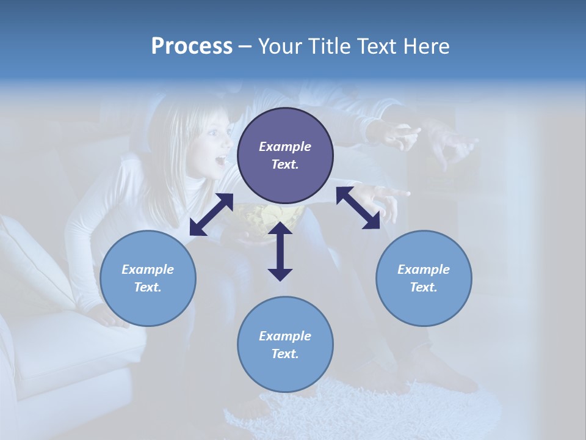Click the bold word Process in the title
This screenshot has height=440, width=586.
[x=192, y=46]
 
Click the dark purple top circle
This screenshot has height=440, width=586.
[x=285, y=156]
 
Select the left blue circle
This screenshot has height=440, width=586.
[x=148, y=279]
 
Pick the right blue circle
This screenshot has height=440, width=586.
[x=424, y=279]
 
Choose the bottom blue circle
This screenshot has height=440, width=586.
[x=285, y=345]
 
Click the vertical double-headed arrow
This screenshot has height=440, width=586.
[x=280, y=251]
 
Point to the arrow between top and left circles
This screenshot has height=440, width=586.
[x=211, y=215]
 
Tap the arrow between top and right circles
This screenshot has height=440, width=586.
[x=358, y=208]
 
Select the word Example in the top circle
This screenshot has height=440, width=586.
[x=285, y=147]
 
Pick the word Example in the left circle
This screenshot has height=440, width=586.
[x=148, y=269]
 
